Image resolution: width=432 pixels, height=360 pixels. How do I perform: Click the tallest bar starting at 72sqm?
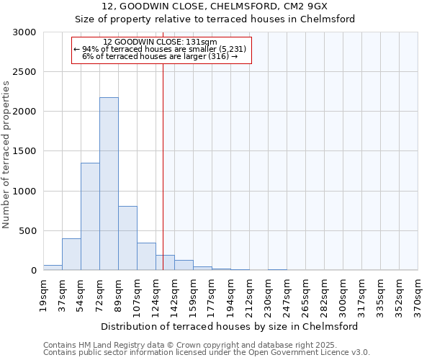click(109, 184)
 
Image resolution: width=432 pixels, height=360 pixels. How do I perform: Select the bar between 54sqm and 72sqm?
click(90, 216)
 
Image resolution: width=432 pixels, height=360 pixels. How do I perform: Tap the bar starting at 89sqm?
click(127, 238)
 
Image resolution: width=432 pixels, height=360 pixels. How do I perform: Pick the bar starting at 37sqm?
click(71, 254)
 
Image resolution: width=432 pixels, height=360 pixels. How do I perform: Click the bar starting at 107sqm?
click(146, 256)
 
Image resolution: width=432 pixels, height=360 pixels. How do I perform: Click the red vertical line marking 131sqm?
click(163, 166)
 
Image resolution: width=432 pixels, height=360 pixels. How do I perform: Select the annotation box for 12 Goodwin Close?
click(162, 50)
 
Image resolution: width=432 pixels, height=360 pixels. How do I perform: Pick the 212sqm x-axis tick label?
click(249, 295)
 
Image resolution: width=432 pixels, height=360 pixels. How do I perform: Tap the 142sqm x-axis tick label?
click(174, 295)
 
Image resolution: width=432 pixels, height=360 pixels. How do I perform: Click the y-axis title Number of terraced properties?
click(6, 154)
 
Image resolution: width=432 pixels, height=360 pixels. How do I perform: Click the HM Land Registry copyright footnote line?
click(178, 345)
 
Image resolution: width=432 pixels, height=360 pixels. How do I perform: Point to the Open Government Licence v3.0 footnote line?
click(207, 353)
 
